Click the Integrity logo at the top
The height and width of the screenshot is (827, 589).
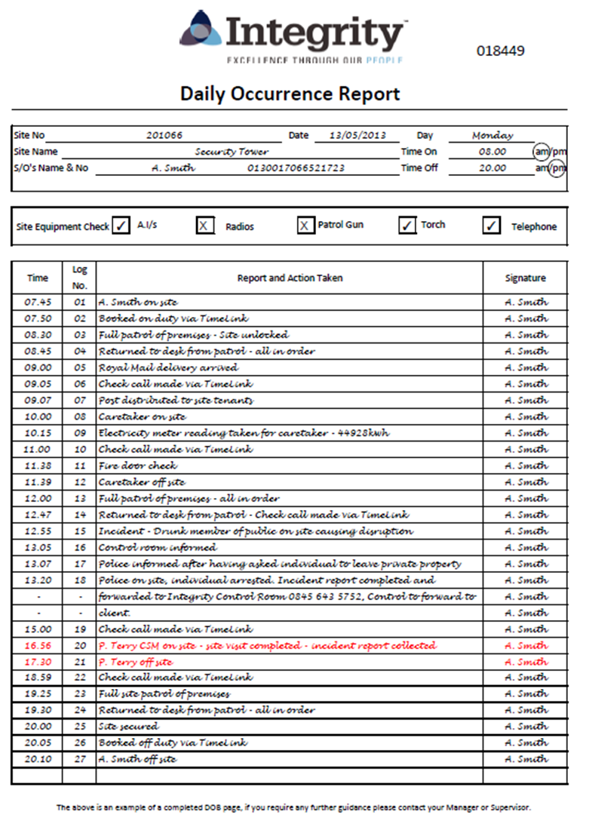click(293, 37)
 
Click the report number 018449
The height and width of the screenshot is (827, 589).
click(500, 51)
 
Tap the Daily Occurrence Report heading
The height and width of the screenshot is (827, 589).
click(290, 94)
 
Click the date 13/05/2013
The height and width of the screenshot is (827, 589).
click(357, 135)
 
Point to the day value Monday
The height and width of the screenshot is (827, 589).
click(492, 136)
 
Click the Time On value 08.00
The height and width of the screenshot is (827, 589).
click(492, 152)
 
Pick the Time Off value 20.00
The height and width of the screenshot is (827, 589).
click(492, 168)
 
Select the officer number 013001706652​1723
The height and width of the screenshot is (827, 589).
click(296, 168)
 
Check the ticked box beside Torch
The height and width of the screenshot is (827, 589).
click(407, 226)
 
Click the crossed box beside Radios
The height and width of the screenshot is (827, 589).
click(205, 226)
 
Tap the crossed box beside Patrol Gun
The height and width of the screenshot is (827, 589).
click(305, 226)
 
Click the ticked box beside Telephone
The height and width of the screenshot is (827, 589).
click(492, 226)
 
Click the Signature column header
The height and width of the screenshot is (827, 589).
click(525, 278)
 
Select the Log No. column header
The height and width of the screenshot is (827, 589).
click(79, 278)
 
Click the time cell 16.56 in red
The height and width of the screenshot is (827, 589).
click(38, 646)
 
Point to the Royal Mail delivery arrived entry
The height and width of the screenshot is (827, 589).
click(168, 367)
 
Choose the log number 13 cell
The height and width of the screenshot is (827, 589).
click(79, 499)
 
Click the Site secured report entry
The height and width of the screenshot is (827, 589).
click(128, 727)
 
